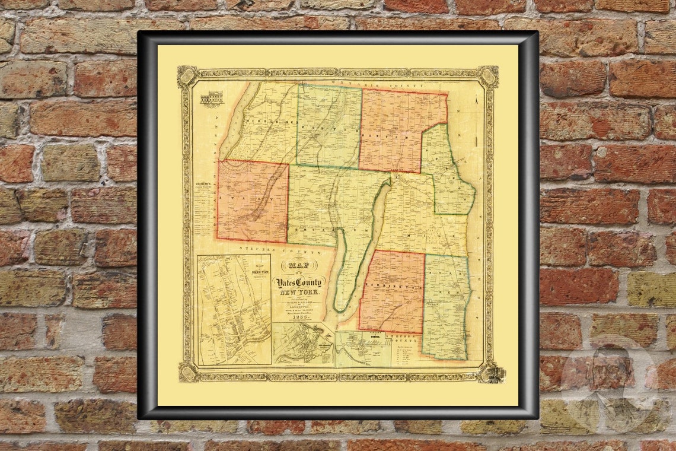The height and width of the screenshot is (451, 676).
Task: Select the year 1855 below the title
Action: click(x=296, y=317)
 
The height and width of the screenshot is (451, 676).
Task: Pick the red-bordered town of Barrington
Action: click(x=392, y=291)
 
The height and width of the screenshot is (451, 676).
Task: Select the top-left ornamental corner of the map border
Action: click(x=187, y=75)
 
